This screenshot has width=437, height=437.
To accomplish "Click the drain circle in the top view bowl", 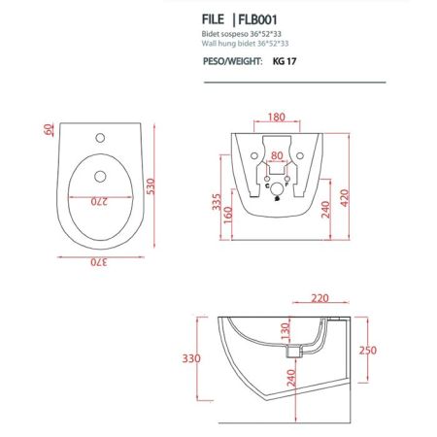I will pos(100,176).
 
